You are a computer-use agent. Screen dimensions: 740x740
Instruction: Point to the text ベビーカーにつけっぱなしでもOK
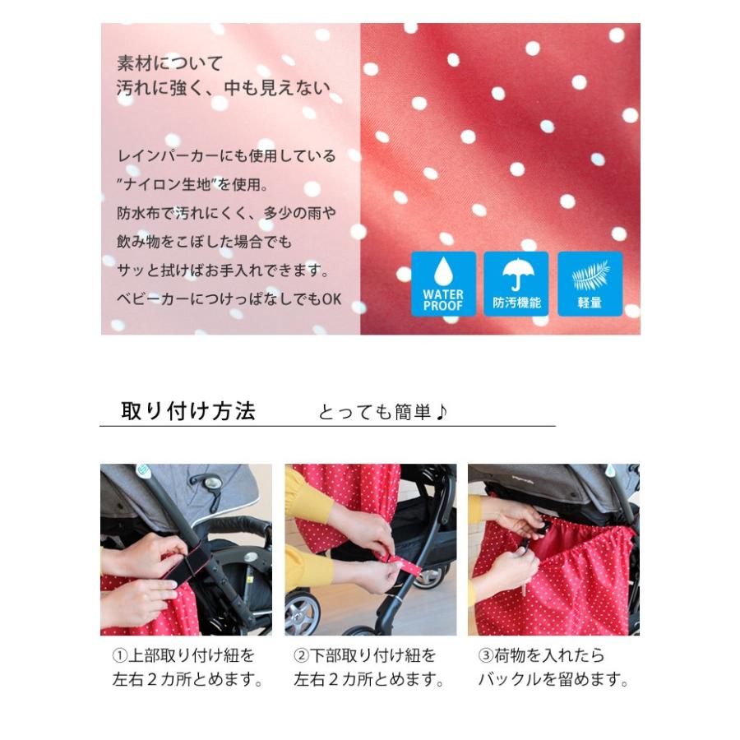228,299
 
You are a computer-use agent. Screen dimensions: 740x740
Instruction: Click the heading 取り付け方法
188,410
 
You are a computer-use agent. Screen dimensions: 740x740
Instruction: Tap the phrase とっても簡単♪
383,412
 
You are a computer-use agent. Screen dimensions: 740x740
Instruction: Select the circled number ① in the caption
119,656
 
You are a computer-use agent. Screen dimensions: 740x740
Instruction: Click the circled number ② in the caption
302,656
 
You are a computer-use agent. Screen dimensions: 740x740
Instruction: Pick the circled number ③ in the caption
486,656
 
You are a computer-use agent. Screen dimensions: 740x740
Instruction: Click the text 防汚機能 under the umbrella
516,303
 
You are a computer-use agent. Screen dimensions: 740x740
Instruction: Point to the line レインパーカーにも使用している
226,155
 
